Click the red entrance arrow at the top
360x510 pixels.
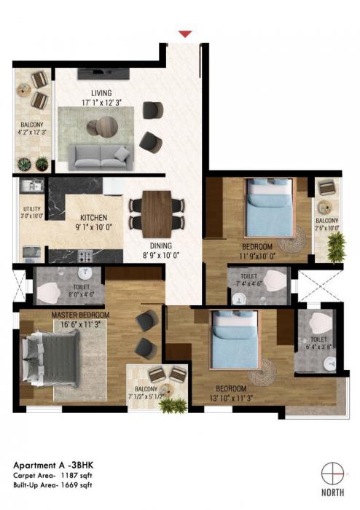pos(185,33)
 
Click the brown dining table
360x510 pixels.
pos(156,211)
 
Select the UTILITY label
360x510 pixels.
pos(32,209)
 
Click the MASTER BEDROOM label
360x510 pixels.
pos(81,315)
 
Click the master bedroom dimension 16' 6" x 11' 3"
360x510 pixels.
pos(81,325)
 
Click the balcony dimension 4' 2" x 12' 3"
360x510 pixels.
pos(33,133)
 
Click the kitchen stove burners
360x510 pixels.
pos(85,257)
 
